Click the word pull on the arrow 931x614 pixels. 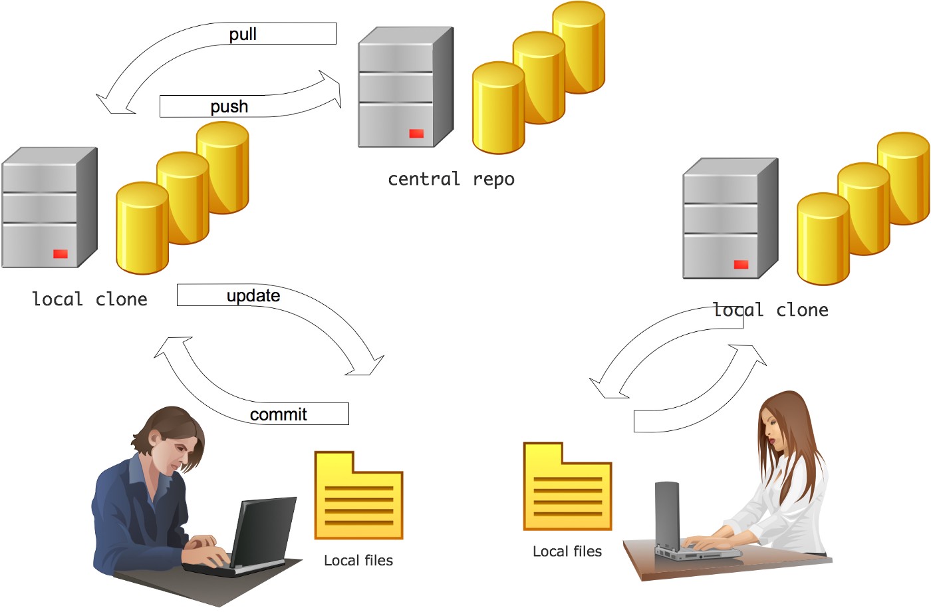tap(243, 34)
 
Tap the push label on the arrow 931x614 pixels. tap(229, 106)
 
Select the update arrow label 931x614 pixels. tap(253, 295)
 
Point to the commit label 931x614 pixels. tap(278, 414)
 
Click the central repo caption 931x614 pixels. tap(451, 179)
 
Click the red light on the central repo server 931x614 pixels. tap(416, 134)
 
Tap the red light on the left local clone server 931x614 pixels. tap(61, 254)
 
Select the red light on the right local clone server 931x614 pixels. tap(741, 265)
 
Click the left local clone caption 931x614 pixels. tap(90, 299)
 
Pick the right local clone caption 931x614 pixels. tap(771, 310)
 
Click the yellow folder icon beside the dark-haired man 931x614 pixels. tap(359, 496)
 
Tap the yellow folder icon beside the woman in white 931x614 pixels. tap(567, 487)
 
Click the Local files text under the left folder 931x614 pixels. tap(358, 561)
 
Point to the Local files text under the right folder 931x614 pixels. tap(567, 551)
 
